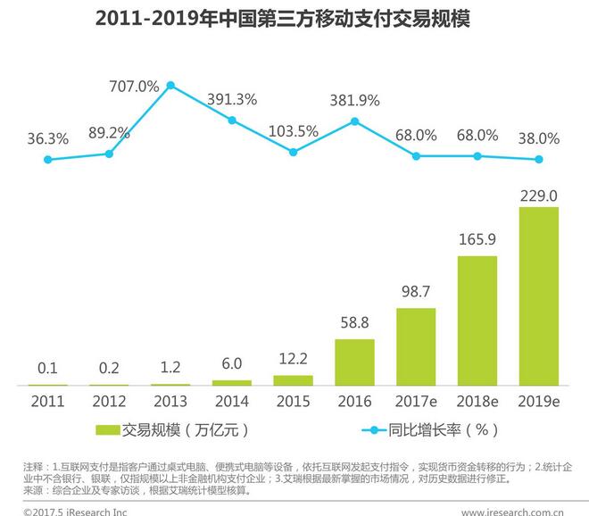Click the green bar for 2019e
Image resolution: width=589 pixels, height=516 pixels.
pyautogui.click(x=539, y=295)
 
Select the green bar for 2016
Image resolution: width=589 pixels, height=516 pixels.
pyautogui.click(x=354, y=362)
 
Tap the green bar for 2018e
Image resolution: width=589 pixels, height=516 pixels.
pyautogui.click(x=477, y=320)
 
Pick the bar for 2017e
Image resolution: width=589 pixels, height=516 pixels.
pyautogui.click(x=416, y=346)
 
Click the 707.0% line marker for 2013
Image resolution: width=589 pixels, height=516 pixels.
pyautogui.click(x=170, y=86)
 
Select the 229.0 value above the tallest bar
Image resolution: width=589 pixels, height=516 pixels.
pyautogui.click(x=539, y=196)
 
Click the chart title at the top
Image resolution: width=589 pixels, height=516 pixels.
pyautogui.click(x=294, y=20)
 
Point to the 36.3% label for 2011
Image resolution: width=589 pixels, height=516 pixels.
pyautogui.click(x=47, y=138)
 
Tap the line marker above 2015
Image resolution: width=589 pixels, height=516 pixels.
pyautogui.click(x=293, y=152)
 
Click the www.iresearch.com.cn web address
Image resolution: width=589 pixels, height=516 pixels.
pyautogui.click(x=512, y=511)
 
